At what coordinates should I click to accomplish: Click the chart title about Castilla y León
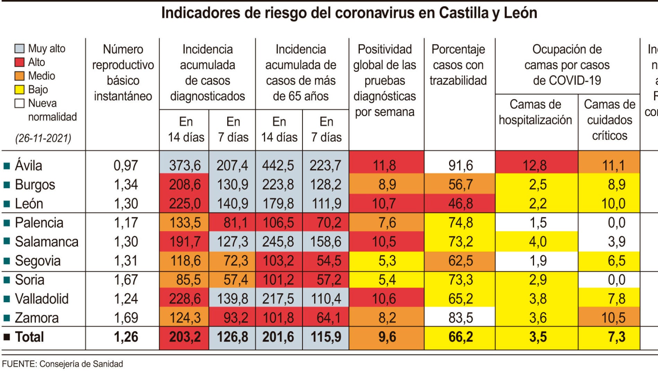[x=349, y=13]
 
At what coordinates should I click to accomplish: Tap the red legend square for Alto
[x=19, y=62]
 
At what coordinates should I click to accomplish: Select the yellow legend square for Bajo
[x=19, y=90]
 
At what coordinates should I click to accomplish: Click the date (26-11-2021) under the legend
[x=43, y=138]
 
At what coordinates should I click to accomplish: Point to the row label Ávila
[x=28, y=166]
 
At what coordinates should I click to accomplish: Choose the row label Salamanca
[x=46, y=242]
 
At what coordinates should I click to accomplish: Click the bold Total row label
[x=29, y=337]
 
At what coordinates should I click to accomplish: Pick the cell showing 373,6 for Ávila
[x=185, y=166]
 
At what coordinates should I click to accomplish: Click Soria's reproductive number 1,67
[x=126, y=280]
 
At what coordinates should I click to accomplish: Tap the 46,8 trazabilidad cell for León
[x=460, y=203]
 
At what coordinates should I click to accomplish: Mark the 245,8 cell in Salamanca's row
[x=278, y=242]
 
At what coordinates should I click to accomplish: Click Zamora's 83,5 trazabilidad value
[x=460, y=318]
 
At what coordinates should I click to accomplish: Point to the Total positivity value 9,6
[x=387, y=337]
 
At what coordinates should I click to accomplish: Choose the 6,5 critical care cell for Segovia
[x=616, y=261]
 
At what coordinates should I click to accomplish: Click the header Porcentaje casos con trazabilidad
[x=458, y=65]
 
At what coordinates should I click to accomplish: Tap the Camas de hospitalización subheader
[x=535, y=112]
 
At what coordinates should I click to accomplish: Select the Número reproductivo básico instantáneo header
[x=123, y=73]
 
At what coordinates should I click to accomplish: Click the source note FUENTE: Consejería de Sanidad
[x=62, y=364]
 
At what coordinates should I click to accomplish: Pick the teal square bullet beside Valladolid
[x=6, y=299]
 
